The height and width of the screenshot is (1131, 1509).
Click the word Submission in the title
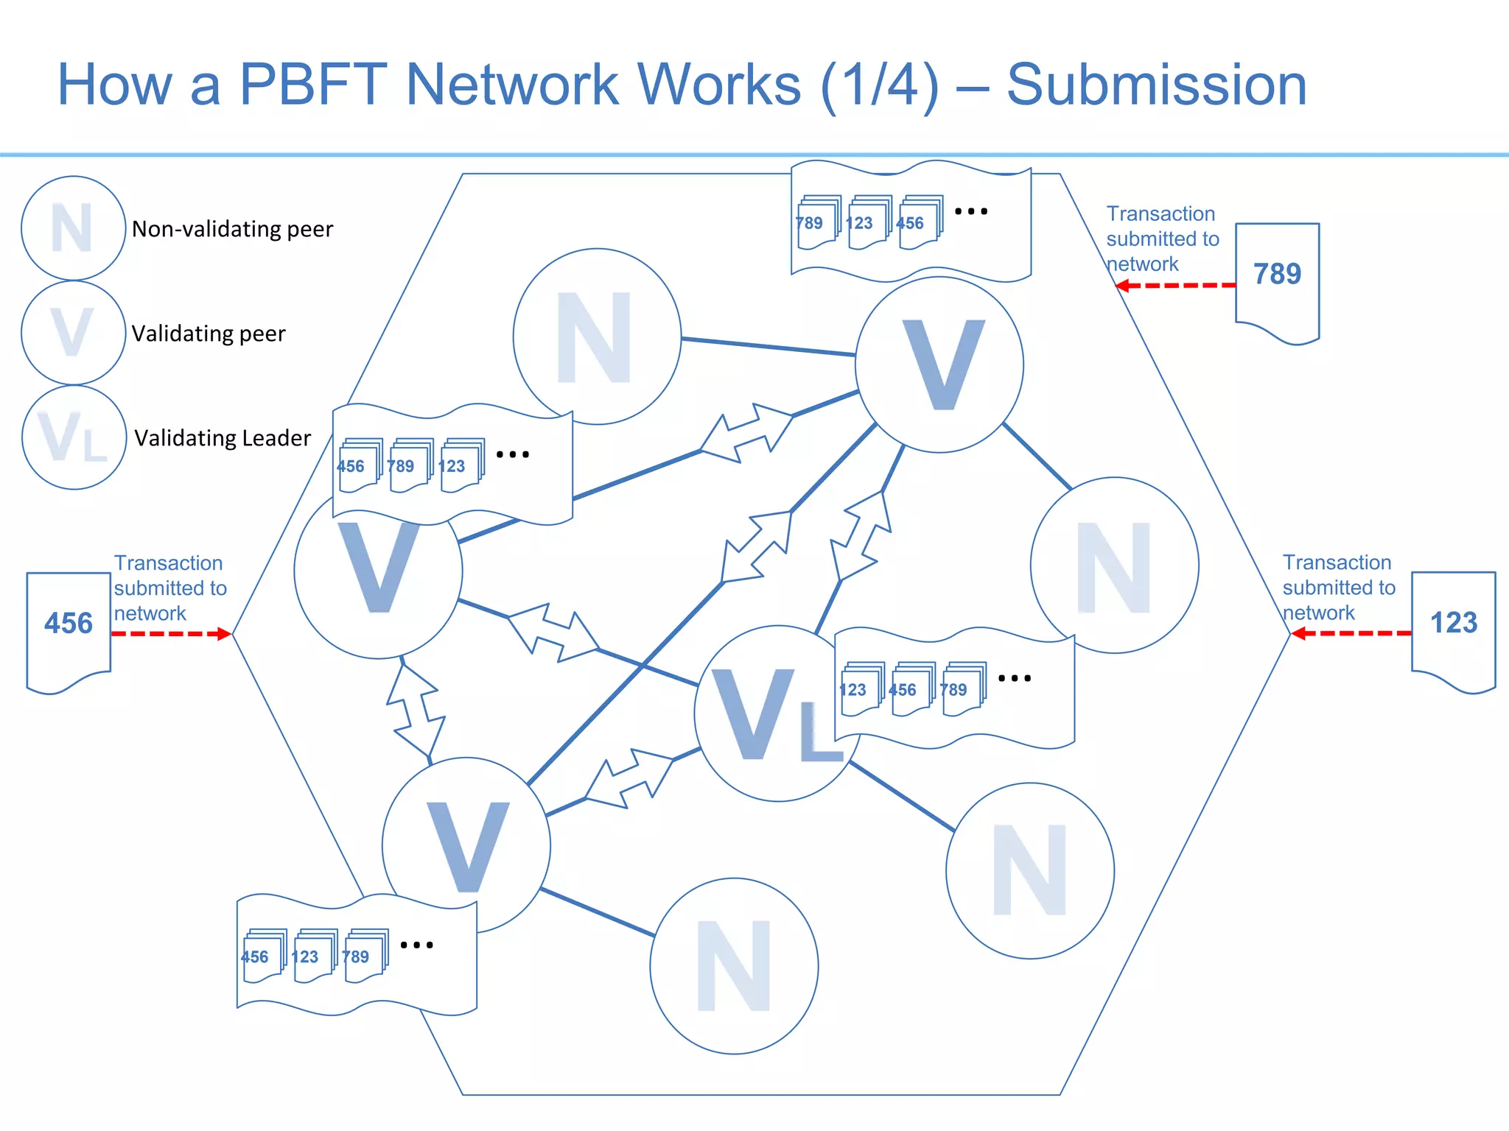pos(1156,85)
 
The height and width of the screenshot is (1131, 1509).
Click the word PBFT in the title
pos(313,85)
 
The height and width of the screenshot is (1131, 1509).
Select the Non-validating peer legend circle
pos(73,228)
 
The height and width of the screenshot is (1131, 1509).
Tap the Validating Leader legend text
pos(223,438)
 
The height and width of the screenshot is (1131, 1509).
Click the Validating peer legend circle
pos(73,333)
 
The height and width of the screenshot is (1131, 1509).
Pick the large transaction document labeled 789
pos(1277,280)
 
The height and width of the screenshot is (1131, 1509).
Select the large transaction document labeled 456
pos(69,630)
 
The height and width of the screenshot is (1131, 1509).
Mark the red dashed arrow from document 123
pos(1351,633)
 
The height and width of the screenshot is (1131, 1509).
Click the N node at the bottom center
pos(734,966)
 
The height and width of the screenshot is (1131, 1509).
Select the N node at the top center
pos(596,337)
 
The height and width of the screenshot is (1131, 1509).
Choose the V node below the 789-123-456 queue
pos(939,364)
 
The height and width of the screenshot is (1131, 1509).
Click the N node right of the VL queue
pos(1114,565)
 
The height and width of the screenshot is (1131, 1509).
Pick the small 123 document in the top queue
pos(867,223)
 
